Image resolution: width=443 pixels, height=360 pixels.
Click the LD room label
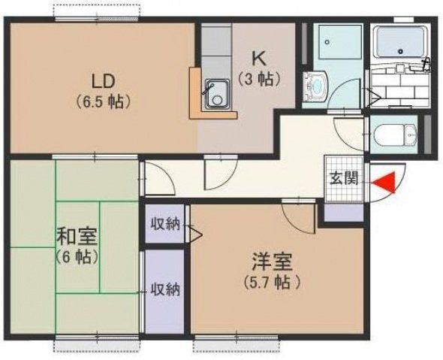(x=103, y=80)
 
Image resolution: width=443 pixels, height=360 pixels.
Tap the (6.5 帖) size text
(x=103, y=99)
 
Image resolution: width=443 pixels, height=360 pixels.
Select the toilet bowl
(x=393, y=135)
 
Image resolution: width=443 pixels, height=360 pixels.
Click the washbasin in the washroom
(x=315, y=87)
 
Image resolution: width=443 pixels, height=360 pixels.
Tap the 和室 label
(x=77, y=237)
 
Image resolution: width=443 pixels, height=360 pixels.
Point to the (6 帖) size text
(x=77, y=256)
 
